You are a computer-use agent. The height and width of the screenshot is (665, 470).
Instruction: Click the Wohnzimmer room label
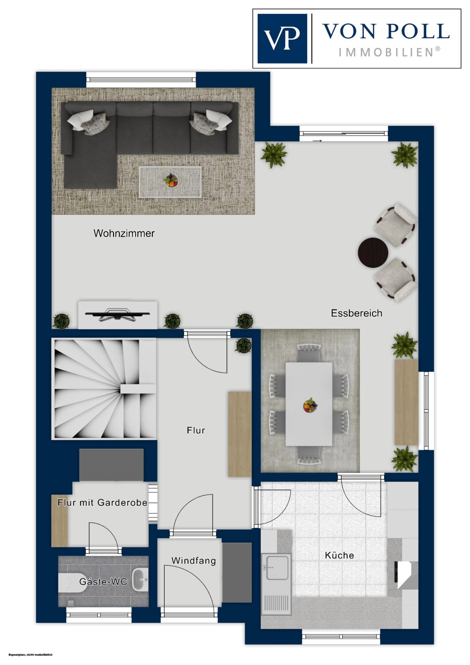pyautogui.click(x=124, y=233)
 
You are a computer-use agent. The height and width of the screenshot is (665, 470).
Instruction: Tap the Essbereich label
pyautogui.click(x=356, y=313)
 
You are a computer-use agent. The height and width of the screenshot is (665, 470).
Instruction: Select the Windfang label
pyautogui.click(x=194, y=560)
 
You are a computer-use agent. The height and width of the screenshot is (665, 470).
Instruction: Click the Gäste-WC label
pyautogui.click(x=103, y=581)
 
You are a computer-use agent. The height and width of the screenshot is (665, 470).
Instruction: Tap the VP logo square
pyautogui.click(x=282, y=39)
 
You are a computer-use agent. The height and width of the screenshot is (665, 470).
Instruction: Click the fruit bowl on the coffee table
pyautogui.click(x=171, y=180)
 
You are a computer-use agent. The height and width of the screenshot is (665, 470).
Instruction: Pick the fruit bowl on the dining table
pyautogui.click(x=310, y=405)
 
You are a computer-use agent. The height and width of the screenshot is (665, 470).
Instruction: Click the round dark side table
pyautogui.click(x=373, y=253)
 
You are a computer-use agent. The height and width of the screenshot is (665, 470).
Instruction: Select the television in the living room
pyautogui.click(x=117, y=315)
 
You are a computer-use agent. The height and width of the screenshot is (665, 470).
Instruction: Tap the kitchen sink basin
pyautogui.click(x=277, y=568)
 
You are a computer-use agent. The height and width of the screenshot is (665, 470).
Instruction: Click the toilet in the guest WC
pyautogui.click(x=70, y=583)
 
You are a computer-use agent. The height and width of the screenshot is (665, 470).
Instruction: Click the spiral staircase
pyautogui.click(x=104, y=389)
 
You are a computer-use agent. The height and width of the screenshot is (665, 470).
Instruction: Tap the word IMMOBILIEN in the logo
pyautogui.click(x=389, y=53)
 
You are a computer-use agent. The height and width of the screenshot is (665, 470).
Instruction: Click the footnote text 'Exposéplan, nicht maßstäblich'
pyautogui.click(x=30, y=655)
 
